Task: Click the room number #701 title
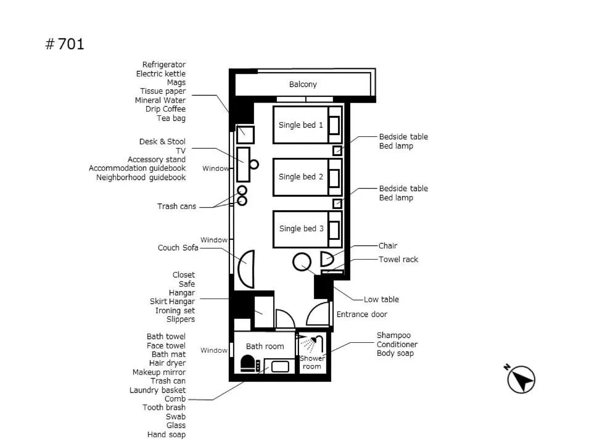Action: click(65, 44)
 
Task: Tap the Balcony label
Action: click(303, 84)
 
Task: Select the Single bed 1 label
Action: click(301, 125)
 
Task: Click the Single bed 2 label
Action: click(301, 177)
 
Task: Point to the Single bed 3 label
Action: click(301, 229)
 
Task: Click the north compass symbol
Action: click(521, 379)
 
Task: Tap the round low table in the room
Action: click(302, 262)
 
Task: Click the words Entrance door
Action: click(361, 314)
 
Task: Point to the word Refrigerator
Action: click(163, 65)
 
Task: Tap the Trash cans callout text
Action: click(176, 207)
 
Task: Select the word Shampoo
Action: click(393, 335)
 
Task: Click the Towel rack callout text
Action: click(398, 260)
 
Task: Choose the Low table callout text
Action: click(381, 300)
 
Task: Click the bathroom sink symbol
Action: click(280, 366)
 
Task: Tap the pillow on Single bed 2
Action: click(334, 178)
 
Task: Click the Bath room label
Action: click(265, 347)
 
